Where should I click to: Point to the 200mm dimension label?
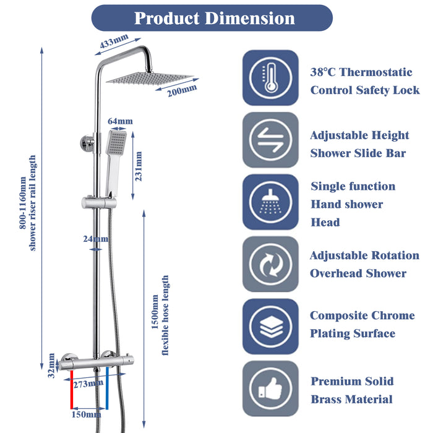tap(181, 91)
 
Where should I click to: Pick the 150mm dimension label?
tap(87, 414)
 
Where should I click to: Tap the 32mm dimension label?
tap(52, 370)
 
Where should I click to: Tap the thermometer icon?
tap(270, 78)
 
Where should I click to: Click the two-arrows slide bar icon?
tap(270, 140)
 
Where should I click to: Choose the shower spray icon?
tap(270, 202)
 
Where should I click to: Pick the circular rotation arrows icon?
tap(270, 264)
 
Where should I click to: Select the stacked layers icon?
tap(270, 327)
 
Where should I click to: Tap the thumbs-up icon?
tap(270, 388)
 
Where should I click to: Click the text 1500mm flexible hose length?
tap(160, 315)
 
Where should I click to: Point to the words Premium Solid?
tap(352, 381)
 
